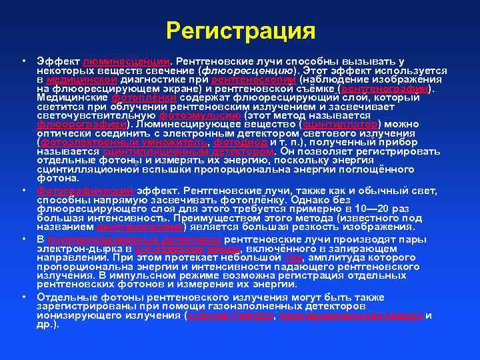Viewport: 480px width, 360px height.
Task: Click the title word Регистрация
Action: [240, 31]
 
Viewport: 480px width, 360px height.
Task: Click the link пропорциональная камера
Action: [351, 316]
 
